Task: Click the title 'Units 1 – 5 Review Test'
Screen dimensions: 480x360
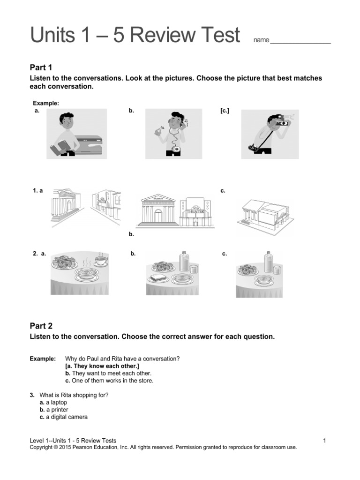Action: pos(135,36)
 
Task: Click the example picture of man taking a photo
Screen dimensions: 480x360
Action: pos(270,134)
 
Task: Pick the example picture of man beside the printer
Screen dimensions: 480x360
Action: pos(76,134)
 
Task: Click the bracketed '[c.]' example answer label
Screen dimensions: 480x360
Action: pos(225,111)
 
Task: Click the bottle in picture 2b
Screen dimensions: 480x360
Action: pos(185,261)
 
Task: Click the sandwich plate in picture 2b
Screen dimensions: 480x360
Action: pos(156,279)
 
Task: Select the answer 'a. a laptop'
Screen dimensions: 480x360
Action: pos(53,402)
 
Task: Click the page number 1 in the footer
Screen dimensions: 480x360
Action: pos(324,441)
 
